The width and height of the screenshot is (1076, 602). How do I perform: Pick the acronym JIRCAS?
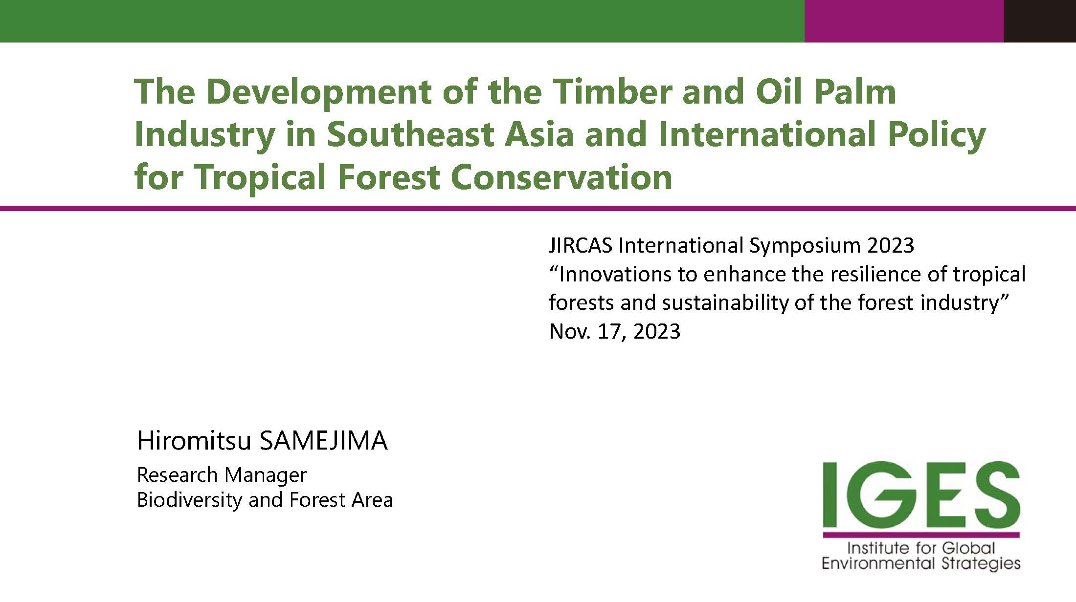[581, 245]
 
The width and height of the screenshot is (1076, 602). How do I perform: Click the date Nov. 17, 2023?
[615, 332]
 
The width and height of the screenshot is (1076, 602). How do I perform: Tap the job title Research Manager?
[222, 475]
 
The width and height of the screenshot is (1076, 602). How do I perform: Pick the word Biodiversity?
[190, 500]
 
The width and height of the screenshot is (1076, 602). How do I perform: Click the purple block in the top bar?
[904, 21]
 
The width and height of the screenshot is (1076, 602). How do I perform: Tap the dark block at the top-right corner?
[1040, 21]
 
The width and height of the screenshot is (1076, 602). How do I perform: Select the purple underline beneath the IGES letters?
[921, 535]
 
